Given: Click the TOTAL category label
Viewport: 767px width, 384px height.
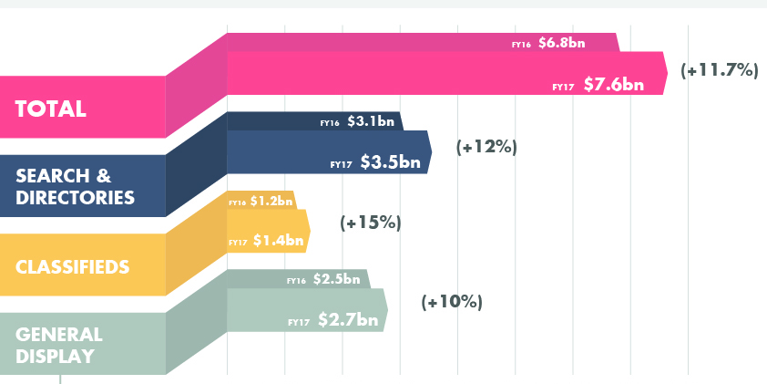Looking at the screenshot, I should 51,109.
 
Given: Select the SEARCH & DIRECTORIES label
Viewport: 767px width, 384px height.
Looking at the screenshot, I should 76,186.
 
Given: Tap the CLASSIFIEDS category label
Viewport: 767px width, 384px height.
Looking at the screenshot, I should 72,267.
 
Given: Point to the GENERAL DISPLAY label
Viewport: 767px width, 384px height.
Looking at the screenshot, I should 59,345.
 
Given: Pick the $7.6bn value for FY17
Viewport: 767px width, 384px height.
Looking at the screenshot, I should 613,85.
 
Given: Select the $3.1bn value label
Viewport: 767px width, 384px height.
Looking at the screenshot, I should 371,121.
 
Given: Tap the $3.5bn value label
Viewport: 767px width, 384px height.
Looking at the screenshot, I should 390,163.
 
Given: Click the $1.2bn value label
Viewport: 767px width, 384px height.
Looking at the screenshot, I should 271,202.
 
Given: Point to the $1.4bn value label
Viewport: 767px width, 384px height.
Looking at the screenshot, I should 278,241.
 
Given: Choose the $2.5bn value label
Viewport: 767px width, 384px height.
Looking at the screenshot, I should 337,279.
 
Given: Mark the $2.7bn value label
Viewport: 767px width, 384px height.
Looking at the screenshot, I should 347,320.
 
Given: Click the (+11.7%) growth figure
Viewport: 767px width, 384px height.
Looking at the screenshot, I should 720,69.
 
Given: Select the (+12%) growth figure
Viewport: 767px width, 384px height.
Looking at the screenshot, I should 487,146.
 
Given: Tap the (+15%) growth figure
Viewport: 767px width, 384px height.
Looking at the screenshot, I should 370,222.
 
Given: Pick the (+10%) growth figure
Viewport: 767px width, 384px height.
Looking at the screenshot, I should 452,301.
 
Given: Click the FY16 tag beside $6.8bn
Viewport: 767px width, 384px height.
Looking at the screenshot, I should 521,44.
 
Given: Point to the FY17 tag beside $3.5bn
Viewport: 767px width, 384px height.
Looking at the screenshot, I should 341,165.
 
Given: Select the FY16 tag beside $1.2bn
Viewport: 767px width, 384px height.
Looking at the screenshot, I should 237,202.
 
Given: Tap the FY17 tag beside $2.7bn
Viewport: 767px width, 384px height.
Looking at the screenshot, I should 299,322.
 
